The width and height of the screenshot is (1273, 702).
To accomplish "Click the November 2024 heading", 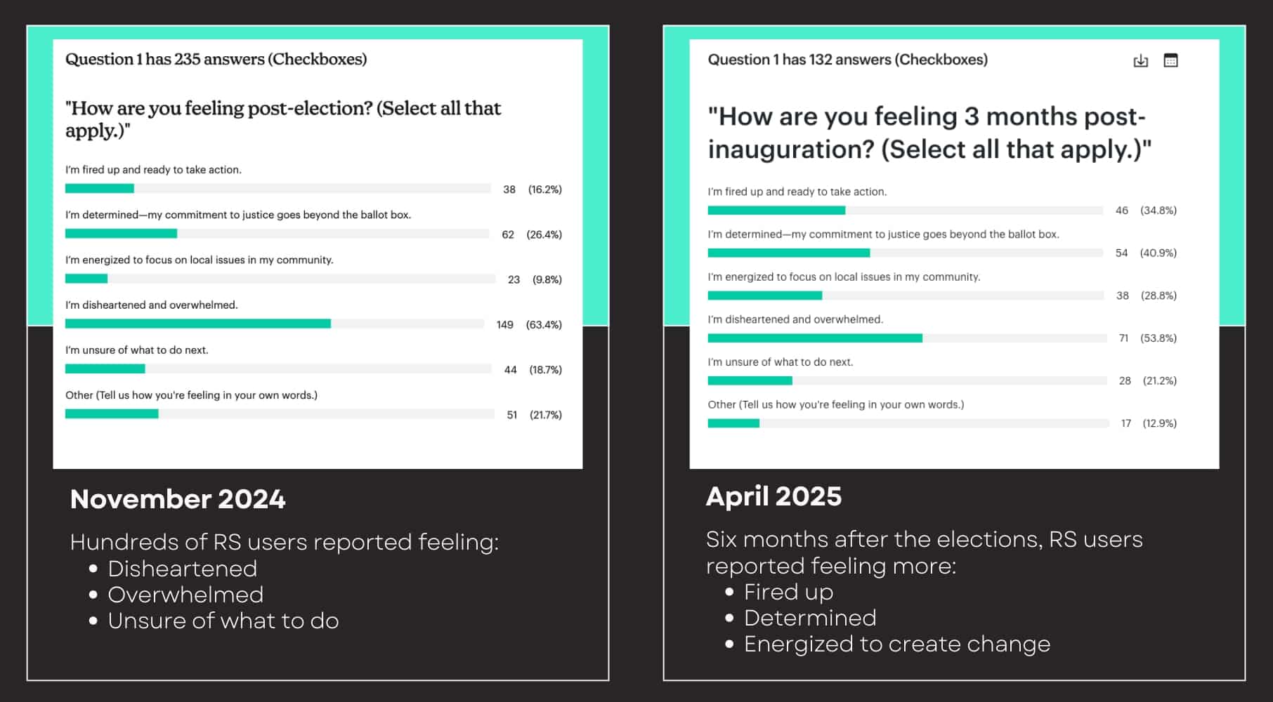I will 178,499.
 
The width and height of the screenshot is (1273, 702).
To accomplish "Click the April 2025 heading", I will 773,496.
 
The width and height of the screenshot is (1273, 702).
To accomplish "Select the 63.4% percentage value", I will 544,324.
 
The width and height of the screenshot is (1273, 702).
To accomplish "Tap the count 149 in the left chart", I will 504,324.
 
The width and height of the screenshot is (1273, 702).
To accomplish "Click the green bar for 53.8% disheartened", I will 814,338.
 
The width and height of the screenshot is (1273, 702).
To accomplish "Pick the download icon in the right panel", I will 1141,61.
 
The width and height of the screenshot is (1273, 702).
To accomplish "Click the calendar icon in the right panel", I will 1170,60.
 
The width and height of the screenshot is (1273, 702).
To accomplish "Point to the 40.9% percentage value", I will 1158,253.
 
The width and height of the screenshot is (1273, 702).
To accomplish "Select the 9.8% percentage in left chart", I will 547,279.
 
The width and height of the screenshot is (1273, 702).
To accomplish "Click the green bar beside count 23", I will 86,279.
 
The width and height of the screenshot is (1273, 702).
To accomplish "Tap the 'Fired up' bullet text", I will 788,592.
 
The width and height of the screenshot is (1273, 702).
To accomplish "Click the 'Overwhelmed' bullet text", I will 185,595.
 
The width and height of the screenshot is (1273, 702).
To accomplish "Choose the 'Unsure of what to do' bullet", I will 223,621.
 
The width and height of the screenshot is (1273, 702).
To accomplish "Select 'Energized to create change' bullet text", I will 896,644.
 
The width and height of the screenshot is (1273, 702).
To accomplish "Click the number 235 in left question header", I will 188,59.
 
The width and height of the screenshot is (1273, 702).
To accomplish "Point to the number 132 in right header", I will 821,60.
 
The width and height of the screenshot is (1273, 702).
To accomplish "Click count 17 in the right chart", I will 1125,423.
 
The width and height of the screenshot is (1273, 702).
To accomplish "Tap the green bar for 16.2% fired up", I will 99,188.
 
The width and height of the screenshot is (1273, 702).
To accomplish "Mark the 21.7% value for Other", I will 545,415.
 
